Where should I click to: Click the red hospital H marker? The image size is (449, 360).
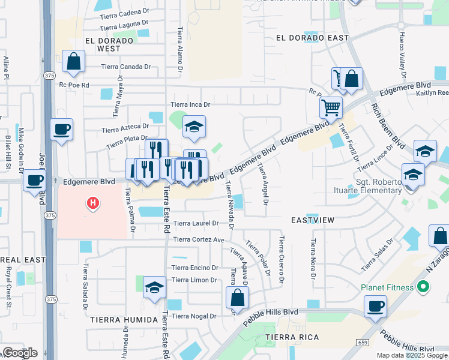[x=93, y=204]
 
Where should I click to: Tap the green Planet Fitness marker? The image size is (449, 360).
[x=423, y=287]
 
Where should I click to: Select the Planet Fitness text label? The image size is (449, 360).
[x=388, y=287]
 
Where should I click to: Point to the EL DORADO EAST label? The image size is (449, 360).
[x=312, y=38]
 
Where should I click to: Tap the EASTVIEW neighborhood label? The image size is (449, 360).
[x=312, y=220]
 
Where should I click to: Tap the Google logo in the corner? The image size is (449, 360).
[x=19, y=353]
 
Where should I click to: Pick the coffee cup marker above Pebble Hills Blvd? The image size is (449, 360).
[x=376, y=306]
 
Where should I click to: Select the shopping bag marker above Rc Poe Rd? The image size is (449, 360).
[x=73, y=61]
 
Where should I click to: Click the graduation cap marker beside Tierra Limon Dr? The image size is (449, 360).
[x=154, y=289]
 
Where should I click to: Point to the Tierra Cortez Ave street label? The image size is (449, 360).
[x=198, y=239]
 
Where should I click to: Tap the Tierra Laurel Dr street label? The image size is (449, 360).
[x=196, y=224]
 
